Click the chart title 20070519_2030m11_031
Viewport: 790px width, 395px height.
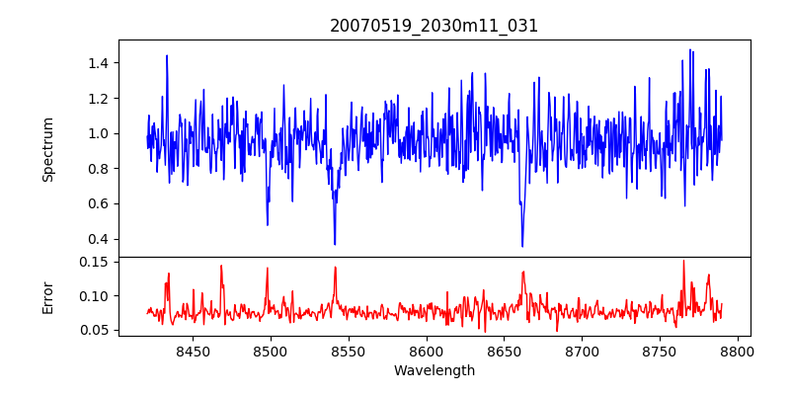434,26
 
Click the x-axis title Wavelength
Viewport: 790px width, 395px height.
434,370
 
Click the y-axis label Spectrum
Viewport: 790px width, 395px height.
48,149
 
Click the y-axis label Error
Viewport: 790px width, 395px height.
48,296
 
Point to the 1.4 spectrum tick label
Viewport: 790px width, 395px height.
97,63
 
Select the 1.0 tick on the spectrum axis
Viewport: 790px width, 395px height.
97,133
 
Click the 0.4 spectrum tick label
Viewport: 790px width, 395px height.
97,239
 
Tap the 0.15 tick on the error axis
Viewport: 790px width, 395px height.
93,262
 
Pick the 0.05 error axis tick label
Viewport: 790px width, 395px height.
93,330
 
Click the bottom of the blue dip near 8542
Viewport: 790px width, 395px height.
335,244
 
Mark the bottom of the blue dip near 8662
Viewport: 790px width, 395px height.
522,246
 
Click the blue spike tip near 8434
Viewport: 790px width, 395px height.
167,55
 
